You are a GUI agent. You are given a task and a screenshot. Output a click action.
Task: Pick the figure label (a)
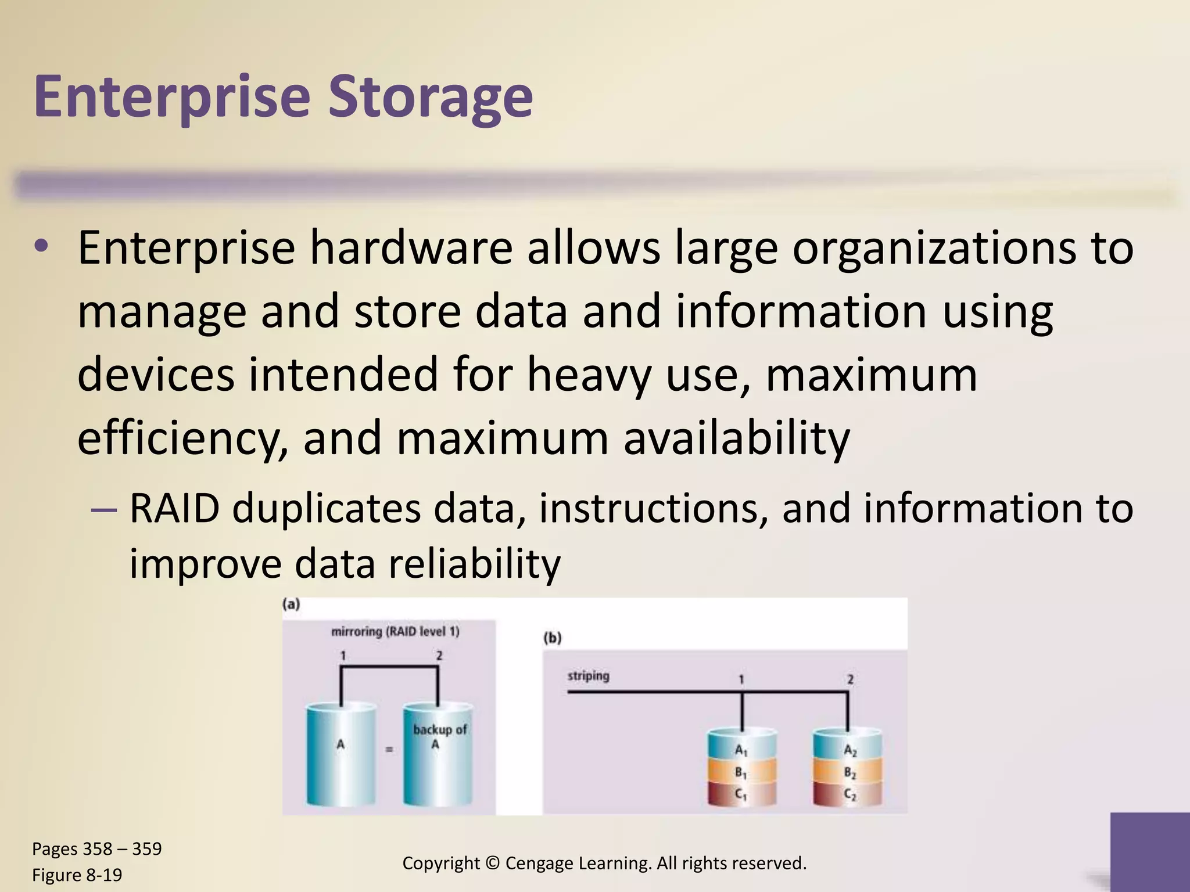click(291, 605)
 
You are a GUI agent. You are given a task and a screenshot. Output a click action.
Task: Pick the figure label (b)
click(552, 638)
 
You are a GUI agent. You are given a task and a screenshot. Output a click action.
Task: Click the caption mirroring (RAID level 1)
click(395, 631)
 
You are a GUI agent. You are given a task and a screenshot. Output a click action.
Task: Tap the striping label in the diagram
click(588, 675)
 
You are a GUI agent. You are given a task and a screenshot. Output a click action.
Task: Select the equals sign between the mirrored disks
click(389, 750)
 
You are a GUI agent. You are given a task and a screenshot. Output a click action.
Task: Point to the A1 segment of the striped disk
click(741, 750)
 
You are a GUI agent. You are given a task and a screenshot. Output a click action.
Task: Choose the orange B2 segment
click(849, 772)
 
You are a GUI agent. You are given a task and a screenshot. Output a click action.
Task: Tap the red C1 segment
click(741, 794)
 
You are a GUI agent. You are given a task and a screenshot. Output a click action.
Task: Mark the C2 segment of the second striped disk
click(849, 794)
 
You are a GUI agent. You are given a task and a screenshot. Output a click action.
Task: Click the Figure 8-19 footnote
click(77, 875)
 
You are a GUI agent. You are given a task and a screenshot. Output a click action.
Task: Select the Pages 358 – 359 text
click(97, 848)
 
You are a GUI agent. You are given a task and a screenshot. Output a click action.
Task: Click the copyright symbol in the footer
click(492, 863)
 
